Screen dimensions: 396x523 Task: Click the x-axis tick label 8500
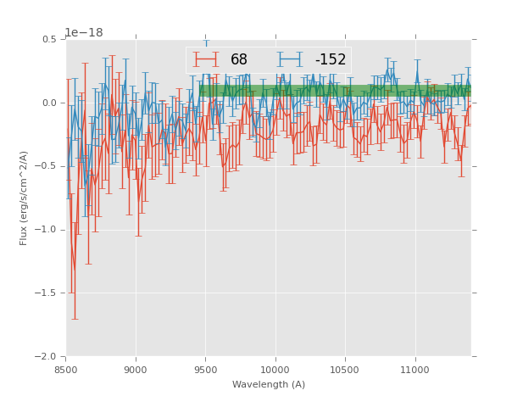point(66,370)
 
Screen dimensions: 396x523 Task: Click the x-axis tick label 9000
point(136,370)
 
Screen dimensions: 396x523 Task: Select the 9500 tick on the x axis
point(205,370)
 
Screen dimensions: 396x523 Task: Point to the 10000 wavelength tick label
point(275,370)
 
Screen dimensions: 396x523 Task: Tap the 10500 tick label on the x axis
point(344,370)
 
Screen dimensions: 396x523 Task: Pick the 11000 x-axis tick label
point(414,370)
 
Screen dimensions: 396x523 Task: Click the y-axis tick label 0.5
point(49,40)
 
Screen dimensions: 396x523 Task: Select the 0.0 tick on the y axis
point(49,103)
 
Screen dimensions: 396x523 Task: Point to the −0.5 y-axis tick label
point(47,166)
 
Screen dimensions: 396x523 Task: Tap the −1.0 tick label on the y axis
point(47,230)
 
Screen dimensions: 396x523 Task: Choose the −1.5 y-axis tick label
point(47,293)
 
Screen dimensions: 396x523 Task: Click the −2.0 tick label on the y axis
point(47,357)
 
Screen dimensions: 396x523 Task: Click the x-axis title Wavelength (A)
point(269,384)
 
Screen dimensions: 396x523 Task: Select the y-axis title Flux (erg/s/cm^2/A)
point(25,198)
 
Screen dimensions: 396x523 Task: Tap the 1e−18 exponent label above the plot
point(84,33)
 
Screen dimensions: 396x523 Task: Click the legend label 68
point(239,59)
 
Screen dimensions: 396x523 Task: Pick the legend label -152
point(330,59)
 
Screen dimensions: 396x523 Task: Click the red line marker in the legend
point(206,59)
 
